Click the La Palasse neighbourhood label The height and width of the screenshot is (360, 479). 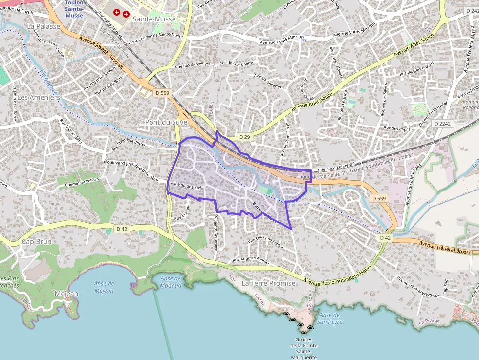coord(44,26)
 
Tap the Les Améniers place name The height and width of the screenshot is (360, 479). coord(39,97)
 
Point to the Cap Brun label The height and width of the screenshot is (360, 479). coord(37,241)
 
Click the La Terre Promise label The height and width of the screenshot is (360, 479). coord(269,283)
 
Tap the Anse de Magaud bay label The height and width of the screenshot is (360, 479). coord(171,282)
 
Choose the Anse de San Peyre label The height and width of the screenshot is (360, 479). coord(328,318)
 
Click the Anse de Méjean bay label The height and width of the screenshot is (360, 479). coord(103,287)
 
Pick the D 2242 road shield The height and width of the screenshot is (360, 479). coord(442,124)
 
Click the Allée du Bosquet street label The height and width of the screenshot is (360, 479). coord(186,186)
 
